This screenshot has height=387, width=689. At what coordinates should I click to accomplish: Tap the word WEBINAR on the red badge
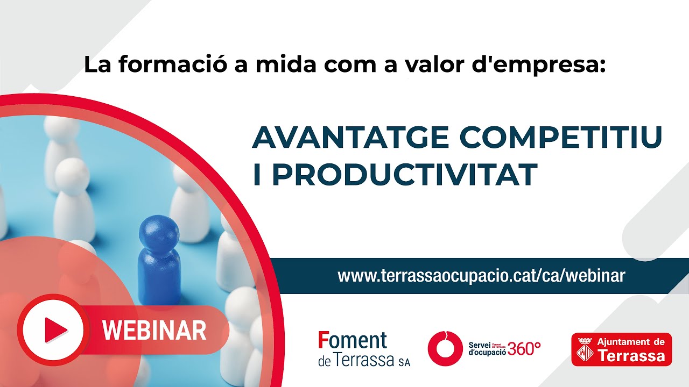[x=154, y=330]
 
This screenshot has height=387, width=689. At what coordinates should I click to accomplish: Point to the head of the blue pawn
[x=159, y=231]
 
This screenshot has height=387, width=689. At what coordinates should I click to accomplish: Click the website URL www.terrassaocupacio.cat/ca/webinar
[x=481, y=276]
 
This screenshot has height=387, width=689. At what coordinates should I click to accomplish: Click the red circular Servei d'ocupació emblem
[x=445, y=349]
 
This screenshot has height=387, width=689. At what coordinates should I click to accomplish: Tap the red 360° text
[x=524, y=349]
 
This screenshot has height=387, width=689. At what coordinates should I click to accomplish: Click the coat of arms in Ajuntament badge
[x=586, y=349]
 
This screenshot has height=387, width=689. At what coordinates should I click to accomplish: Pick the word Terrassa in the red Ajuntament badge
[x=632, y=356]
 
